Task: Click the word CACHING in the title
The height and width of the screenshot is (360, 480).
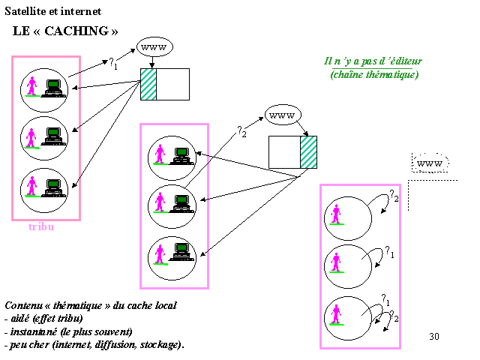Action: [76, 31]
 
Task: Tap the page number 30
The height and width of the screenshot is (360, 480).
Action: [434, 337]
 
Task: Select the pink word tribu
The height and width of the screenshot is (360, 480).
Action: [41, 226]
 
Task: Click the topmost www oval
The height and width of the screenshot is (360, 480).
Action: [154, 47]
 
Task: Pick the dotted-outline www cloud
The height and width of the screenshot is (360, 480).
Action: [430, 163]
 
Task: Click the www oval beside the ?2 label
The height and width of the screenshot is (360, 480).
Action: [283, 115]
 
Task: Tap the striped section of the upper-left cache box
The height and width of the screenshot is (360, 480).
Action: [148, 84]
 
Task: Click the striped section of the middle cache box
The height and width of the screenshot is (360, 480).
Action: [308, 152]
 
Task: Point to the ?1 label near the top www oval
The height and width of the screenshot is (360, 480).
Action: [113, 63]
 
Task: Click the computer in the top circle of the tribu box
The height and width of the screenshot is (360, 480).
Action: [54, 88]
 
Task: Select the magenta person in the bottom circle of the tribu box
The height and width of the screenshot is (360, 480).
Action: [31, 186]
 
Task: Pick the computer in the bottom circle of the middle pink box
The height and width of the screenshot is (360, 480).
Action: [181, 252]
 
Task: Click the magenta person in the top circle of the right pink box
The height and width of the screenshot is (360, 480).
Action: [336, 214]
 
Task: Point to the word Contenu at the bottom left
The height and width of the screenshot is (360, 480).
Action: [23, 305]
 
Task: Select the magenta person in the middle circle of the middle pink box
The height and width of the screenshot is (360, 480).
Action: [160, 202]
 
